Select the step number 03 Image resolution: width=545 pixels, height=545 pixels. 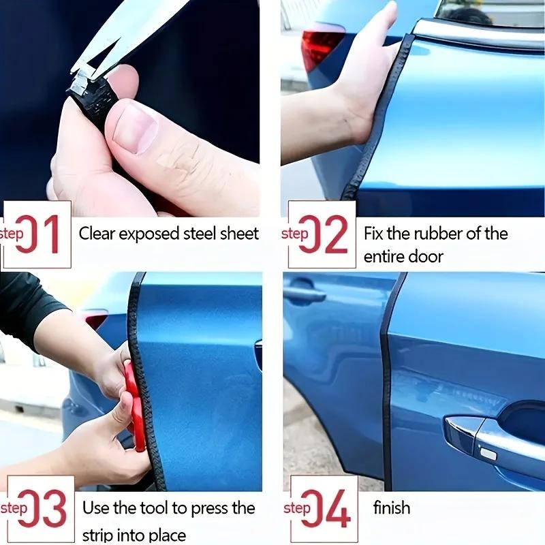[x=42, y=509]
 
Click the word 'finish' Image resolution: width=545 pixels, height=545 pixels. [x=392, y=508]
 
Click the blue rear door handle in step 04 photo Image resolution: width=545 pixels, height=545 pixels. [x=305, y=294]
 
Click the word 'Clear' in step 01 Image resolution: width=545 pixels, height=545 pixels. [x=97, y=234]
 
